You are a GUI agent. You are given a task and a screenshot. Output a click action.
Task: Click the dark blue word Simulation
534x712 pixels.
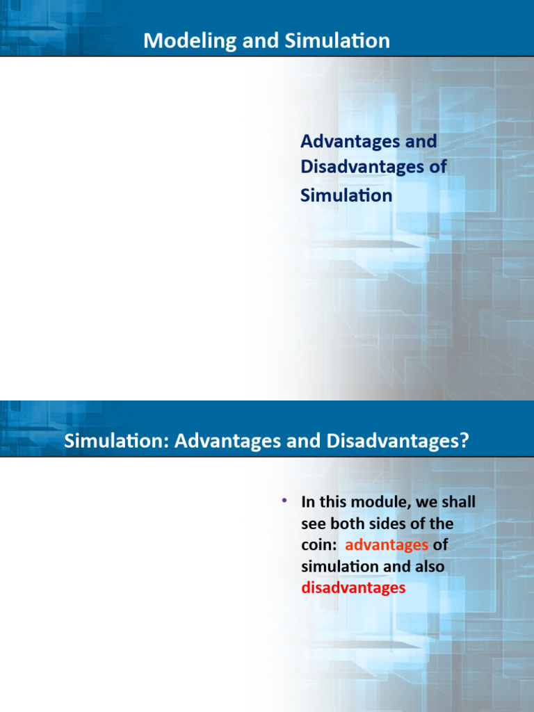[x=346, y=195]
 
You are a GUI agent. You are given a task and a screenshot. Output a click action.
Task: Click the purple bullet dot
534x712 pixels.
[x=284, y=501]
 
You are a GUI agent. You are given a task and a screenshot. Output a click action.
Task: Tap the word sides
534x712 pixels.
[x=392, y=523]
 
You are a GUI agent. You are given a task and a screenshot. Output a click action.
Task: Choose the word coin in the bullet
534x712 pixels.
[x=318, y=545]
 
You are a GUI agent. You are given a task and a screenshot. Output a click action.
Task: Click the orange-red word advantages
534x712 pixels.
[x=387, y=545]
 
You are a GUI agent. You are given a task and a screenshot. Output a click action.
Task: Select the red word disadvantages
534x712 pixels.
[x=353, y=588]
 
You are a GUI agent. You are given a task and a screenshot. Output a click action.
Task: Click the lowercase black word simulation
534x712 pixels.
[x=339, y=567]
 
